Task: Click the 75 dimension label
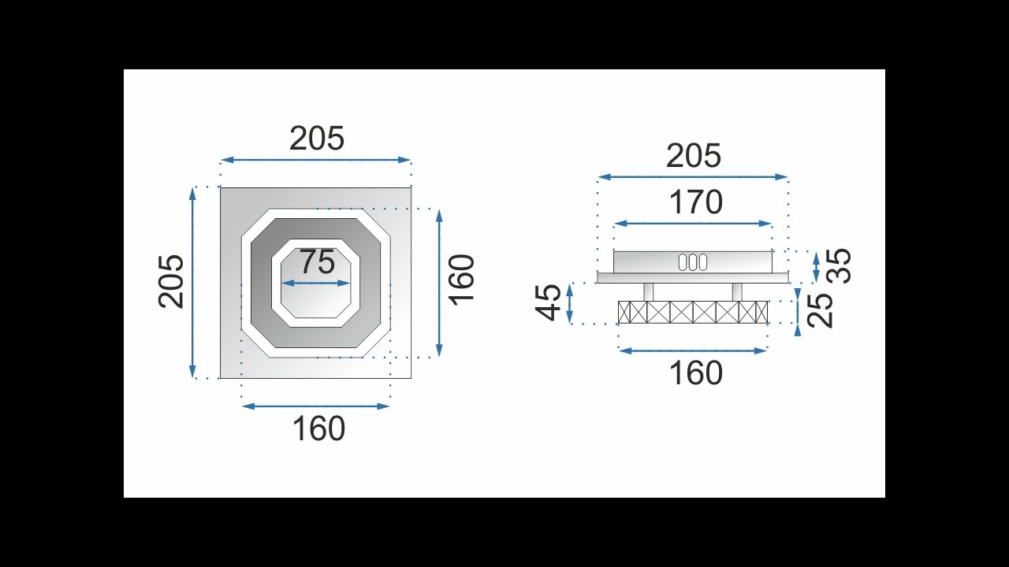[x=318, y=261]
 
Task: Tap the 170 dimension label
[x=696, y=202]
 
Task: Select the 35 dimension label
[x=840, y=266]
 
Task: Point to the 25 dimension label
[x=821, y=310]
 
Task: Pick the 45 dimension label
[x=548, y=302]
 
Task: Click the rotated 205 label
[x=171, y=282]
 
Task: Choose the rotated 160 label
[x=463, y=280]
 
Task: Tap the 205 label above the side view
[x=693, y=156]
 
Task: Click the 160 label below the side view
[x=696, y=373]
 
